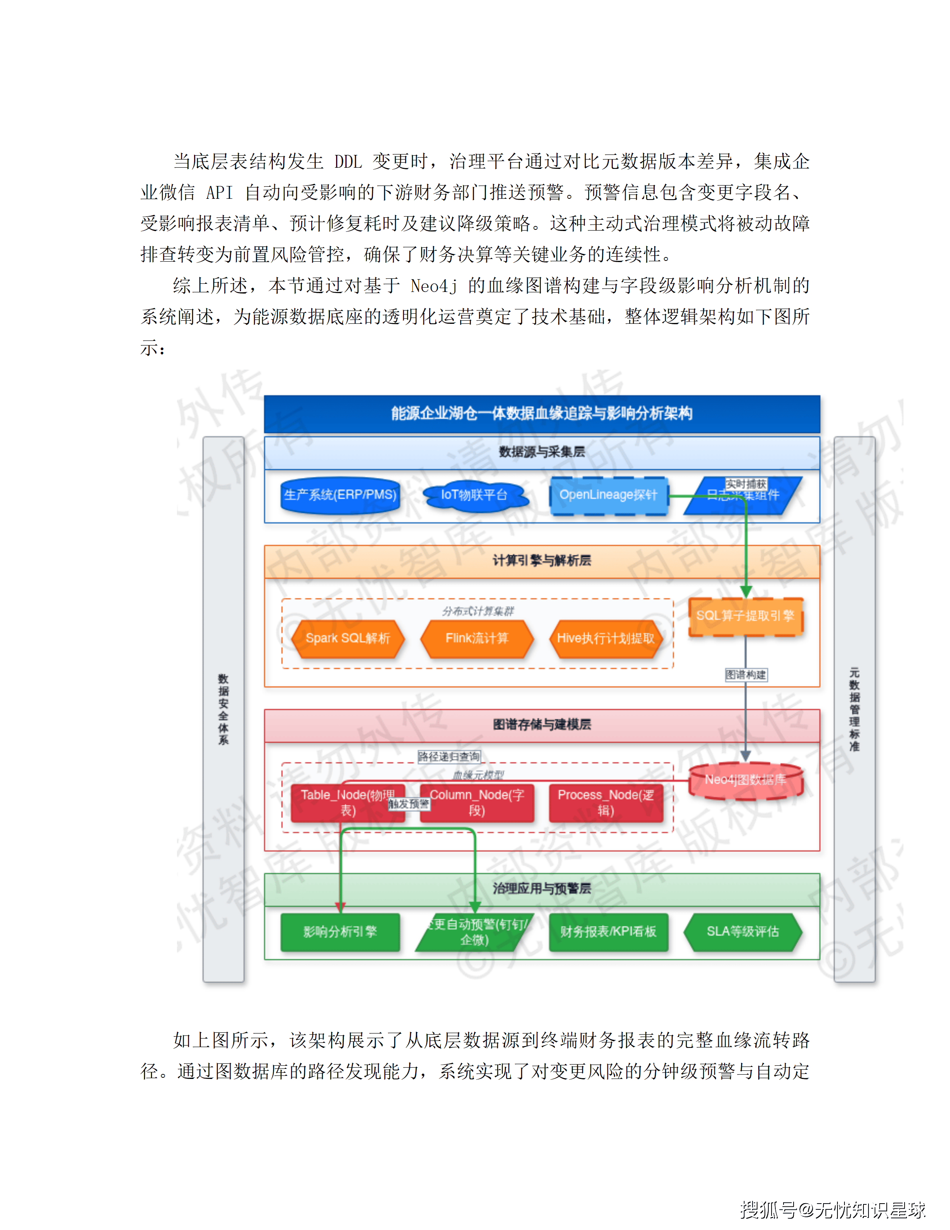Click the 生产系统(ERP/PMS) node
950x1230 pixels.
[340, 495]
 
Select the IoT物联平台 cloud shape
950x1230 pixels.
[475, 495]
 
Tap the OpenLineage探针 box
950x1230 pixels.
[608, 495]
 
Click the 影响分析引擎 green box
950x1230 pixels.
[340, 932]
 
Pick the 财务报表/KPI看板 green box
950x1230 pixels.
[608, 932]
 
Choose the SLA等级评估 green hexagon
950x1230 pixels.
[743, 932]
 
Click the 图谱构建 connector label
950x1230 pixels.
[746, 675]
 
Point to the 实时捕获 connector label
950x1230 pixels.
[746, 484]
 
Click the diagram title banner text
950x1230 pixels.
[541, 414]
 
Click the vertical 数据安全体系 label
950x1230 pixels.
[224, 710]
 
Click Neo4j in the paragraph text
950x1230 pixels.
[434, 286]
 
